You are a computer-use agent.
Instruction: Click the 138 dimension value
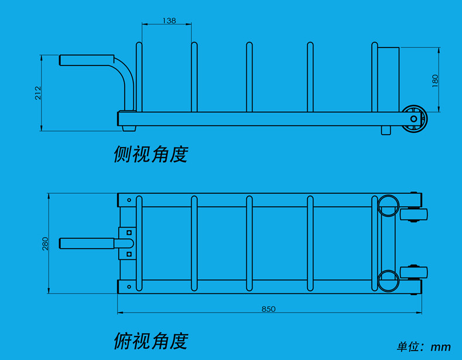pyautogui.click(x=168, y=20)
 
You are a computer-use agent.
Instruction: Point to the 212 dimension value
pyautogui.click(x=37, y=92)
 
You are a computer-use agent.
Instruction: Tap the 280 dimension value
pyautogui.click(x=45, y=244)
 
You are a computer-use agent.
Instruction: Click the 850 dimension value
pyautogui.click(x=268, y=308)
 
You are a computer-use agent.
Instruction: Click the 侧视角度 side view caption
pyautogui.click(x=151, y=154)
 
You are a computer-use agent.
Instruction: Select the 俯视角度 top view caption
pyautogui.click(x=151, y=340)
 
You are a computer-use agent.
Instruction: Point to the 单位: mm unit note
pyautogui.click(x=424, y=347)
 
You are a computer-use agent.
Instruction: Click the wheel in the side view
pyautogui.click(x=415, y=118)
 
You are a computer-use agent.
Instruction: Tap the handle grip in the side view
pyautogui.click(x=85, y=60)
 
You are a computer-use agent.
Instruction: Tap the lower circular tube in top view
pyautogui.click(x=388, y=280)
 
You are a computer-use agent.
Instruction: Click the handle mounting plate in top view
pyautogui.click(x=127, y=243)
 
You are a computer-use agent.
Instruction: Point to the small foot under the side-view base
pyautogui.click(x=385, y=130)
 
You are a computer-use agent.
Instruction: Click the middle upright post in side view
pyautogui.click(x=249, y=77)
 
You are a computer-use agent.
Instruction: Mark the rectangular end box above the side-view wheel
pyautogui.click(x=388, y=78)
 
